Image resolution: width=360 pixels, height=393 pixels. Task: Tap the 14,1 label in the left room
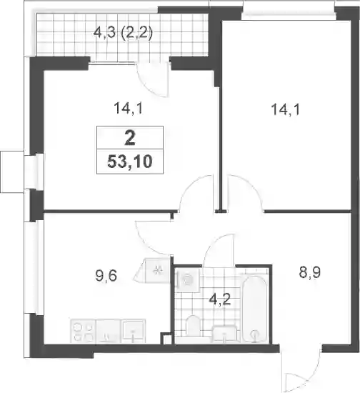point(129,109)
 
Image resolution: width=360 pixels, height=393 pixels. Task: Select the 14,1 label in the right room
point(285,110)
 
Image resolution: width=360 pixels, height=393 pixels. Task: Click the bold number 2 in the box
point(130,139)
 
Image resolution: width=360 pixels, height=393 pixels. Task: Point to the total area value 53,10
point(130,161)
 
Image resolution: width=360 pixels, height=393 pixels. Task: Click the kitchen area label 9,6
point(106,277)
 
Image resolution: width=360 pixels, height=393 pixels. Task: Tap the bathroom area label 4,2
point(220,299)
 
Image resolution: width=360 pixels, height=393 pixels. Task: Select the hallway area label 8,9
point(310,272)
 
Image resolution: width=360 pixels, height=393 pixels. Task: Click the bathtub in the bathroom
point(255,309)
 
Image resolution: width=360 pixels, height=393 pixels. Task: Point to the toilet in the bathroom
point(193,325)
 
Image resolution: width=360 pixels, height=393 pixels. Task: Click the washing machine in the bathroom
point(187,279)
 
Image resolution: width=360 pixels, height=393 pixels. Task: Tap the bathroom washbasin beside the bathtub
point(225,334)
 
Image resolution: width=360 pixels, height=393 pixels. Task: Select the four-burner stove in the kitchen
point(83,331)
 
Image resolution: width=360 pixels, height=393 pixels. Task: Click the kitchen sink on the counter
point(133,331)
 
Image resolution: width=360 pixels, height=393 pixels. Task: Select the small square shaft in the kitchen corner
point(166,339)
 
